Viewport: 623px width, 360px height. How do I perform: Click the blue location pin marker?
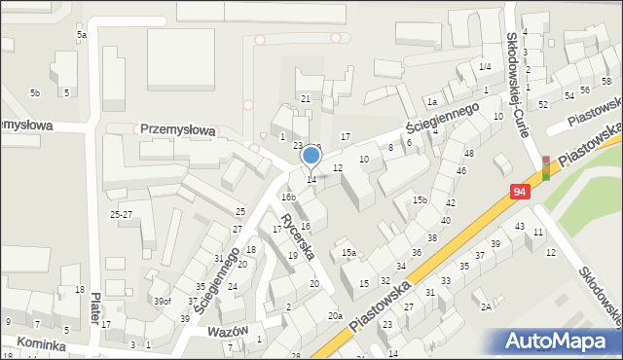311,156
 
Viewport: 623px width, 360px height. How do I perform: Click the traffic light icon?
546,167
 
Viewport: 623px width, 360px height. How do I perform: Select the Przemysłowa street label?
177,128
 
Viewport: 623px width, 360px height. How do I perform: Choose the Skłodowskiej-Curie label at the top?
516,68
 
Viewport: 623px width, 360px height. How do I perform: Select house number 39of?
162,302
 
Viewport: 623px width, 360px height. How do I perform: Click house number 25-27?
121,214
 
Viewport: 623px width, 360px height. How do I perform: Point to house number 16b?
288,198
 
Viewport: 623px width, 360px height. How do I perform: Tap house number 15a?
348,253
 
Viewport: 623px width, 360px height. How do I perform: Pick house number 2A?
486,306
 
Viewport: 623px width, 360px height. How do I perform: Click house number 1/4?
485,66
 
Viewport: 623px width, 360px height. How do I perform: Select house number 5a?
83,35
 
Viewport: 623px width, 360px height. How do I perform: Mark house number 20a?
334,315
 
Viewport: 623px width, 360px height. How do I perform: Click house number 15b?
420,200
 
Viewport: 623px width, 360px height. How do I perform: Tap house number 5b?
35,93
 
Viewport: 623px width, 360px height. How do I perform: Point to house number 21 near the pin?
305,99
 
